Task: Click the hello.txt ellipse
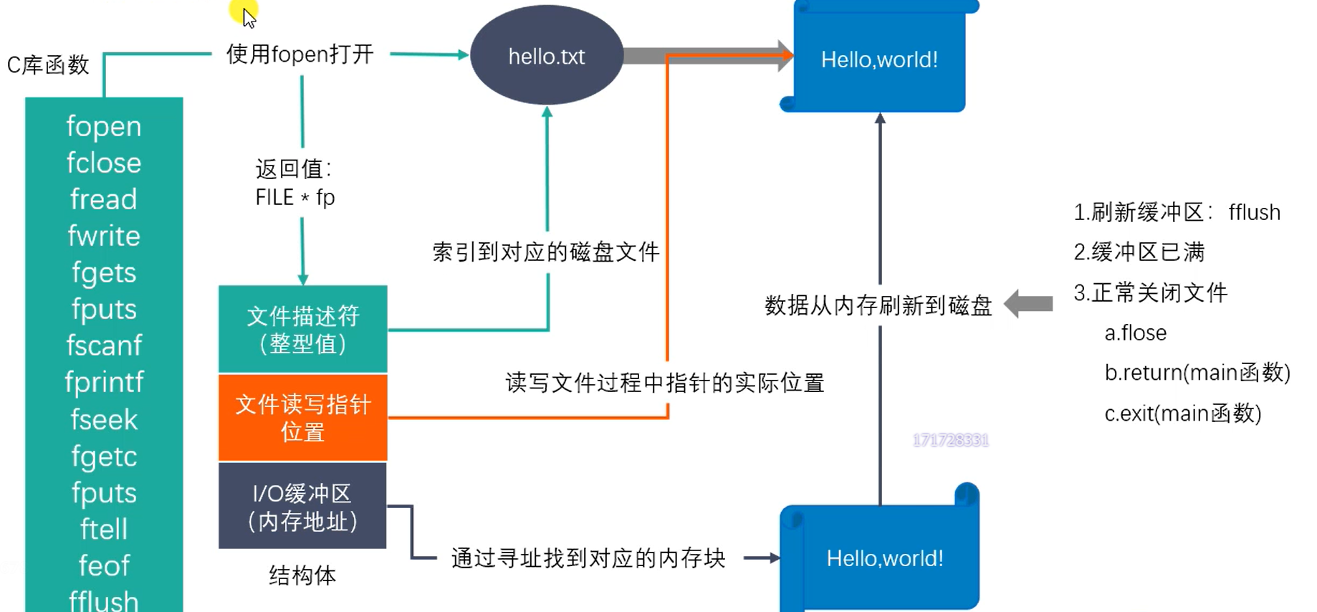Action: [546, 56]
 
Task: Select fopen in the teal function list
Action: [104, 127]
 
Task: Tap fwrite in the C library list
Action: [104, 236]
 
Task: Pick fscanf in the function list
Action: [104, 346]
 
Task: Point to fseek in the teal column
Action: [104, 420]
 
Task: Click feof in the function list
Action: [104, 566]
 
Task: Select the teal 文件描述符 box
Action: [302, 330]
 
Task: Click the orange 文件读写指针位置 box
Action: [302, 418]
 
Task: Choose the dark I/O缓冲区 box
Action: [302, 506]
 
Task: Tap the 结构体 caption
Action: [302, 575]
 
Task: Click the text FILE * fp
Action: [294, 198]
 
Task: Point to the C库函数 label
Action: [48, 65]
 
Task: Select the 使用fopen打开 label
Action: [300, 54]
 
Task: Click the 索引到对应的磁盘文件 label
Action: [545, 252]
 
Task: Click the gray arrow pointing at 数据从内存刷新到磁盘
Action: [1029, 304]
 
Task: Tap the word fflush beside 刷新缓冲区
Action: [1254, 213]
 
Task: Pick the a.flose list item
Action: [1135, 333]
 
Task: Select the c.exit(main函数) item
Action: [1182, 413]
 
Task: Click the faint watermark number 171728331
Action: [950, 440]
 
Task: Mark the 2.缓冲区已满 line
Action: [1139, 252]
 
